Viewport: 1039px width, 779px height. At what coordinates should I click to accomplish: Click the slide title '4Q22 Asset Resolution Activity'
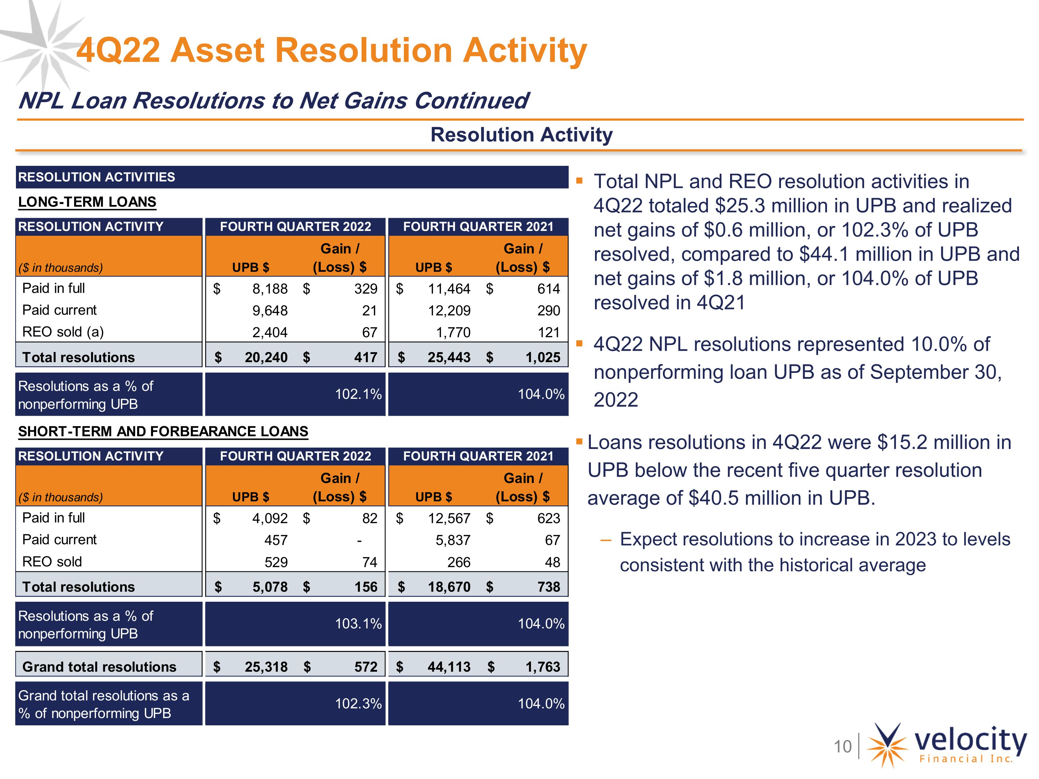coord(332,50)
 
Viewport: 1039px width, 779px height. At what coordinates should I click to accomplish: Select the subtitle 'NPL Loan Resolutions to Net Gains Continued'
coord(273,100)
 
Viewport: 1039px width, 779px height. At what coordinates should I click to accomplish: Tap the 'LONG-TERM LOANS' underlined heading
coord(87,202)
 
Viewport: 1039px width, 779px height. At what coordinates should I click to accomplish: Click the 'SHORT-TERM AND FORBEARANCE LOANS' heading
coord(163,431)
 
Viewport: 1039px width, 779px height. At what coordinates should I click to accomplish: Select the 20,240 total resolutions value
coord(266,357)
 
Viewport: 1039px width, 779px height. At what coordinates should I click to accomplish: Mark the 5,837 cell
coord(453,540)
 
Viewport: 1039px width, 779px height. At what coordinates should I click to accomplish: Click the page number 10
coord(843,746)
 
